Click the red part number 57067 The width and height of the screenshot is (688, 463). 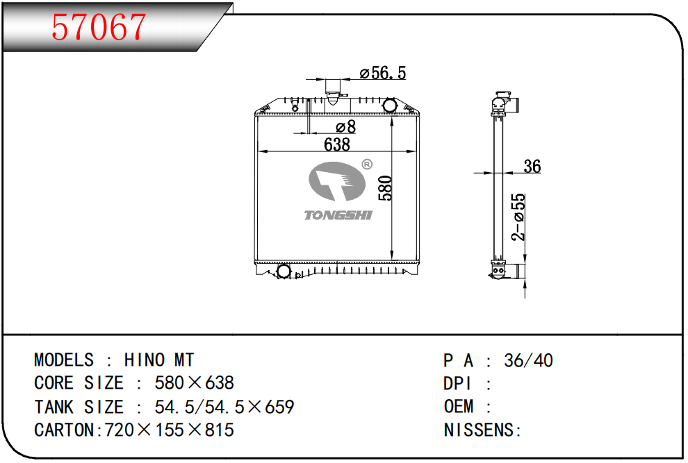pyautogui.click(x=99, y=28)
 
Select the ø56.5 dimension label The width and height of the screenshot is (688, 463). pyautogui.click(x=382, y=73)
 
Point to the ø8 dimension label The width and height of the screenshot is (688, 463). pyautogui.click(x=345, y=127)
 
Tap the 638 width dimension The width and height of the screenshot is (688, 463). pyautogui.click(x=337, y=144)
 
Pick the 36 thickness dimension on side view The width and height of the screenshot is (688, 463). pyautogui.click(x=532, y=167)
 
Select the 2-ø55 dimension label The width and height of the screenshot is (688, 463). pyautogui.click(x=518, y=217)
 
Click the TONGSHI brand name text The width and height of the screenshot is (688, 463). pyautogui.click(x=338, y=215)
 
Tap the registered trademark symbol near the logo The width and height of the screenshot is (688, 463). pyautogui.click(x=367, y=165)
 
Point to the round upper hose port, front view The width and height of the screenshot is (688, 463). pyautogui.click(x=390, y=106)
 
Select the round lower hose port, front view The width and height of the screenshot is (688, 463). pyautogui.click(x=284, y=270)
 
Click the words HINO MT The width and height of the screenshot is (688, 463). pyautogui.click(x=159, y=360)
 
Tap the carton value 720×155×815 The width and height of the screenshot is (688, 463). pyautogui.click(x=169, y=430)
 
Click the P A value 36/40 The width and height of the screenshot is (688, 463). pyautogui.click(x=529, y=360)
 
